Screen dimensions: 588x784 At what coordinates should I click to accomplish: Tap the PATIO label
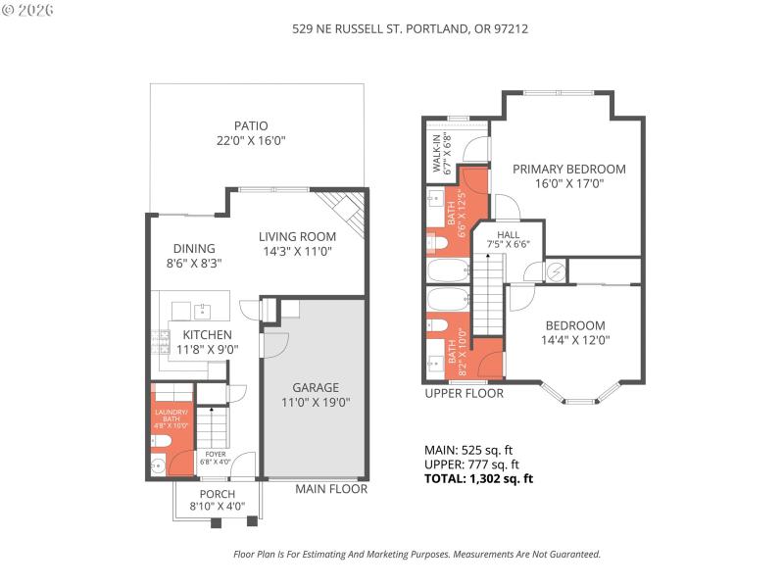(x=251, y=125)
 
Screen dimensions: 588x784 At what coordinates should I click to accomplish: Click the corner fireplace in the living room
(x=349, y=209)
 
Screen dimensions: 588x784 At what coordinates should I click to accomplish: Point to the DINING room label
(x=194, y=249)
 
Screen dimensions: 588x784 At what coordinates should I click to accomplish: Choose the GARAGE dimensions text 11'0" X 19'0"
(x=317, y=401)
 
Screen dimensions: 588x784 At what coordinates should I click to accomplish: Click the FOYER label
(x=216, y=454)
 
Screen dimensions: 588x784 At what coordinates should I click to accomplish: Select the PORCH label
(x=217, y=493)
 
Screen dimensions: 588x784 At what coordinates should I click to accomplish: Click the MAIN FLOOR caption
(x=331, y=488)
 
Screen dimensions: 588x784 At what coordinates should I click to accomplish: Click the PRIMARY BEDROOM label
(x=568, y=169)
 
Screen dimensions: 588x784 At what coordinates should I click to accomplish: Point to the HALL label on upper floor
(x=508, y=235)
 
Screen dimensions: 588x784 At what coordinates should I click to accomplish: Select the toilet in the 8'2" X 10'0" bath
(x=438, y=326)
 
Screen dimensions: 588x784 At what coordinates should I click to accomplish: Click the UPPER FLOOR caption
(x=464, y=393)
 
